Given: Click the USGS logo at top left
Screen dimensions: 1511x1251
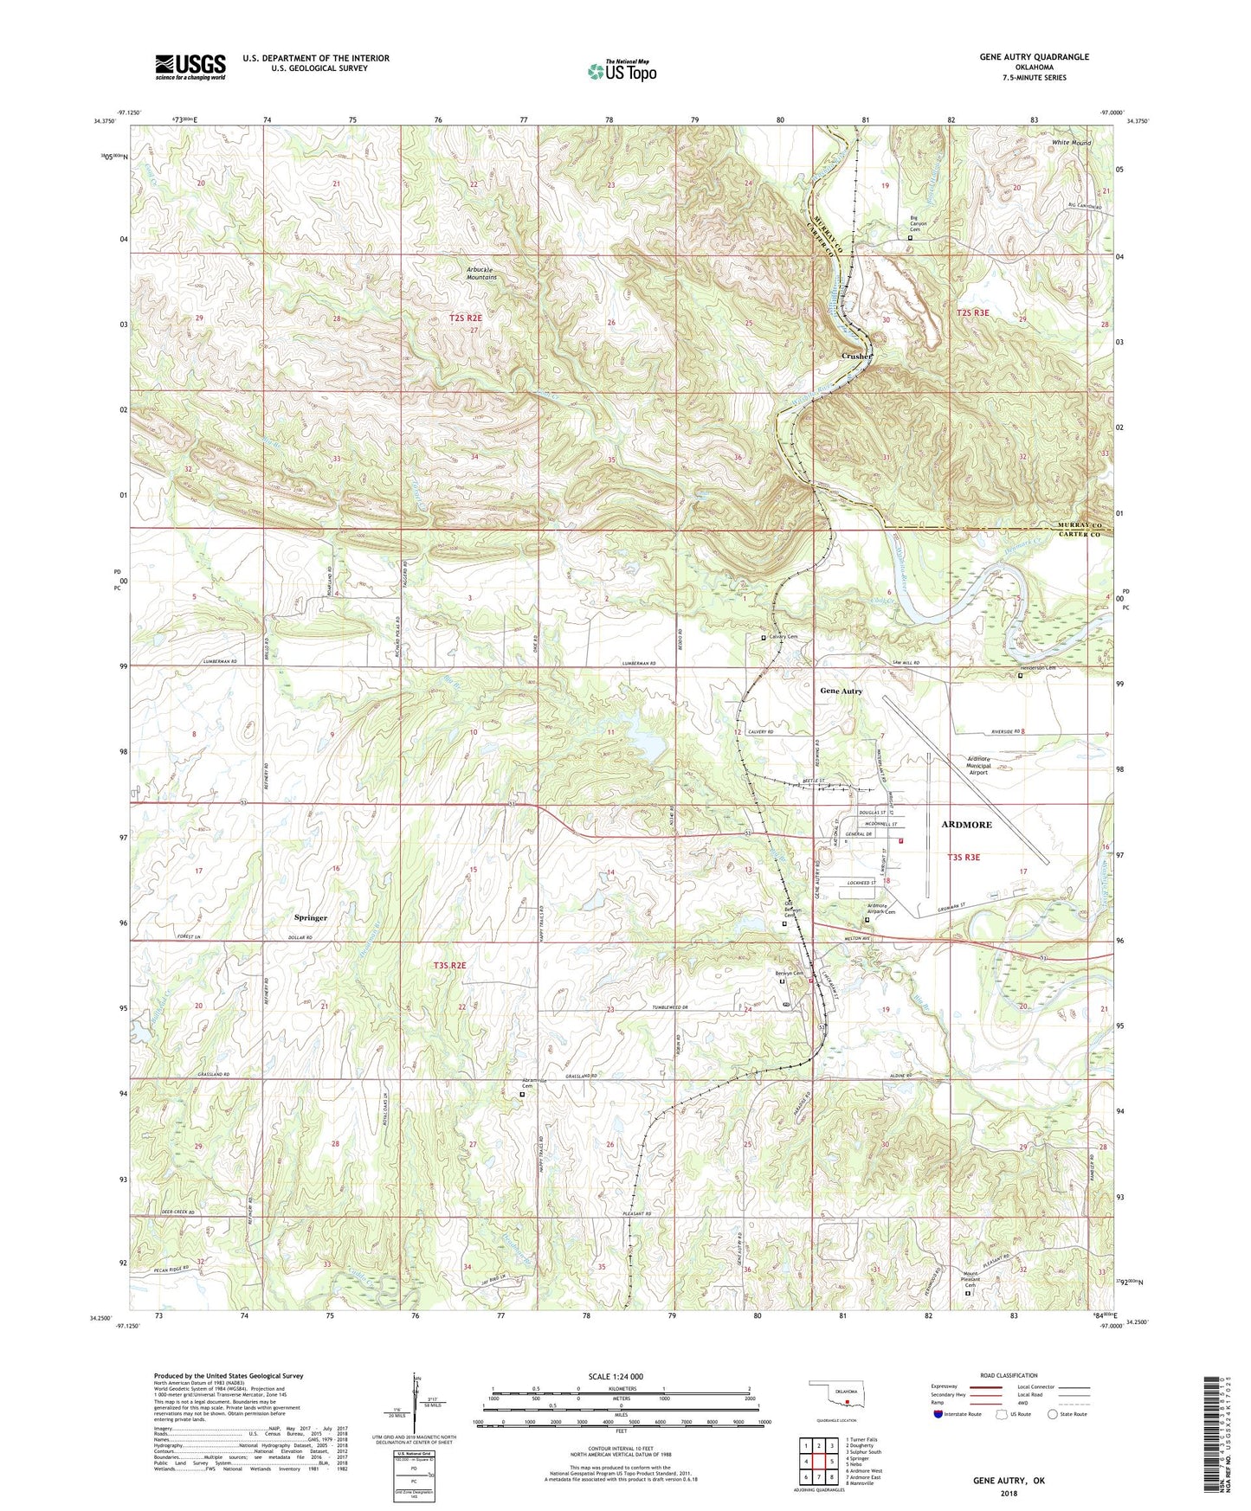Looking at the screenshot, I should coord(190,67).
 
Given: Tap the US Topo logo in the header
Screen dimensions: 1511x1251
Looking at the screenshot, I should coord(621,71).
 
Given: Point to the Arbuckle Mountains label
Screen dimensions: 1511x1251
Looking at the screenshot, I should coord(481,273).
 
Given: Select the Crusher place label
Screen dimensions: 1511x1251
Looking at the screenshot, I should coord(857,356).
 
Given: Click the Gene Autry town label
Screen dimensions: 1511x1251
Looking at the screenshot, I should coord(841,691).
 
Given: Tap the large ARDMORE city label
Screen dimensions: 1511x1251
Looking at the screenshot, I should coord(966,825).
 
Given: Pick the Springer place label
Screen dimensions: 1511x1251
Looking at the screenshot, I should coord(310,917).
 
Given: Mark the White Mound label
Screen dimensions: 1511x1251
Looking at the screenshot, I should coord(1070,143).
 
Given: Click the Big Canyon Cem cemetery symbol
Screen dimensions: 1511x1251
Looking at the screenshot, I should coord(910,237).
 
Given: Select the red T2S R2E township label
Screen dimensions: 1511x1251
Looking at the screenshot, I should coord(465,318).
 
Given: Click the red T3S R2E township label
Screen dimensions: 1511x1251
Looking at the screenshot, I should coord(450,965).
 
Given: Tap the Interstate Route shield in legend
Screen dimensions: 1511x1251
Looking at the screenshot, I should coord(938,1415).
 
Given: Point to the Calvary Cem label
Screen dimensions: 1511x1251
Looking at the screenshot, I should coord(783,637).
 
